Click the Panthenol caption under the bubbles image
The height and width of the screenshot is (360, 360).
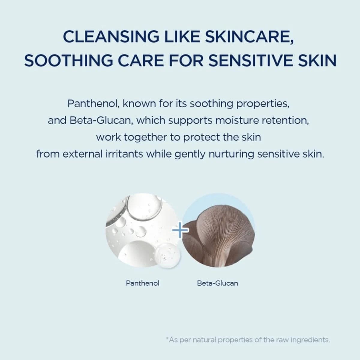[x=142, y=283]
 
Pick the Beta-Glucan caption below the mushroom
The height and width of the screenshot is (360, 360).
[x=217, y=283]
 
